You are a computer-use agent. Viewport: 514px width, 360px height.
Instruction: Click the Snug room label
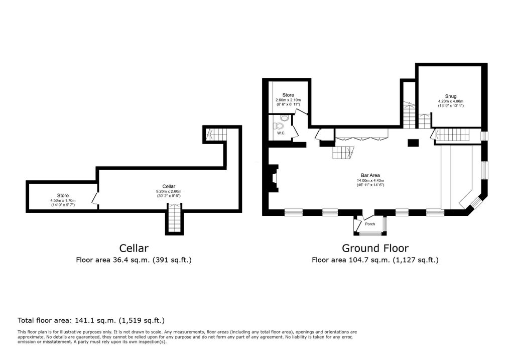(x=450, y=96)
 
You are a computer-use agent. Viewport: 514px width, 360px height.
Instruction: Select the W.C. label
(x=281, y=133)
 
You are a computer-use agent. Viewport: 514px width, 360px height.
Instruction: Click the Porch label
(x=370, y=224)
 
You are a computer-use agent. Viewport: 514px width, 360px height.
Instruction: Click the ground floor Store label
(x=288, y=95)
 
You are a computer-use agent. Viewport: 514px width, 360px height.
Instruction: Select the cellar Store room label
(x=63, y=195)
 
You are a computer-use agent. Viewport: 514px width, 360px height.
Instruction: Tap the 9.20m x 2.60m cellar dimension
(x=168, y=191)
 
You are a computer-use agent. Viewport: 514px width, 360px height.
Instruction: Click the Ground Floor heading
(x=375, y=248)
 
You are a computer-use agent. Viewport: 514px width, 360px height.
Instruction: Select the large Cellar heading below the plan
(x=134, y=248)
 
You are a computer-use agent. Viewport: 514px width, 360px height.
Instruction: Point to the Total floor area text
(x=91, y=320)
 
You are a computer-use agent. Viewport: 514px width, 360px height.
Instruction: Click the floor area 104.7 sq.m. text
(x=375, y=260)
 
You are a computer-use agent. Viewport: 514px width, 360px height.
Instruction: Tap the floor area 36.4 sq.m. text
(x=134, y=260)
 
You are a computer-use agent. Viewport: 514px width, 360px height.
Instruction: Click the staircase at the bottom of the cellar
(x=174, y=219)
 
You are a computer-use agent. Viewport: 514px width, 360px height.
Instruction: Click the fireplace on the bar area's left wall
(x=273, y=180)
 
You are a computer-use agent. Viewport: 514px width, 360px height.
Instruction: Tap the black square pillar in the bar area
(x=413, y=143)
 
